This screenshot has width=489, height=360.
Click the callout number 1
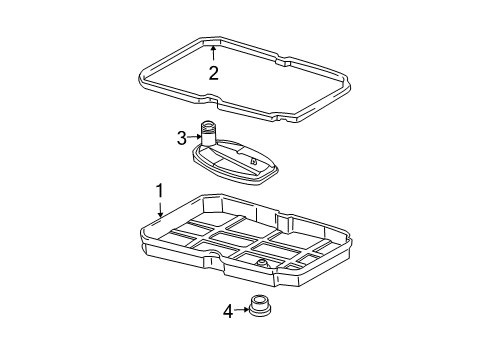coord(160,191)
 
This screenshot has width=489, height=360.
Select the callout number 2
coord(213,73)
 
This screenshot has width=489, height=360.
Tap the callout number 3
coord(182,138)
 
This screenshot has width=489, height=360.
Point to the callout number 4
coord(228,312)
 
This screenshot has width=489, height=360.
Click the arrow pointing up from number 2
coord(213,53)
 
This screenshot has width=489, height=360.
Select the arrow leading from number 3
coord(194,137)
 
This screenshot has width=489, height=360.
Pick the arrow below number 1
coord(161,209)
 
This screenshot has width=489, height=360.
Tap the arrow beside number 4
coord(241,310)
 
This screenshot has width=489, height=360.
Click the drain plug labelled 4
coord(260,305)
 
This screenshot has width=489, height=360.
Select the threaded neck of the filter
coord(209,133)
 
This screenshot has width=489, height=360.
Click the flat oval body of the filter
coord(235,162)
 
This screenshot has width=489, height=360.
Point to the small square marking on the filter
coord(253,161)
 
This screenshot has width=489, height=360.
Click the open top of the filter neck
coord(209,124)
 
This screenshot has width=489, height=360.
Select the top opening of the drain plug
coord(260,298)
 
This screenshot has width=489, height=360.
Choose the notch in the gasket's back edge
coord(284,61)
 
